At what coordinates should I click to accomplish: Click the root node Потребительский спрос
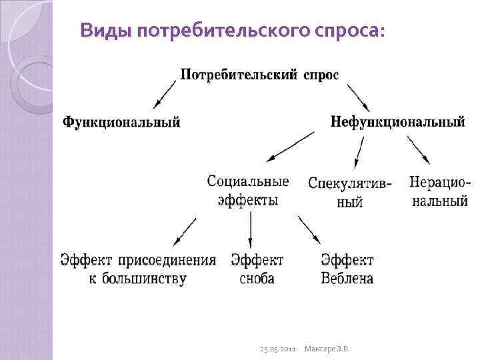pyautogui.click(x=259, y=75)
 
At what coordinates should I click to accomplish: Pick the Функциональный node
pyautogui.click(x=121, y=122)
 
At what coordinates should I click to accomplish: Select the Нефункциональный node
pyautogui.click(x=397, y=122)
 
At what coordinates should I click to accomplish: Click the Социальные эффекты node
pyautogui.click(x=248, y=191)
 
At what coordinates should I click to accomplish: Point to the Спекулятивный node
pyautogui.click(x=350, y=192)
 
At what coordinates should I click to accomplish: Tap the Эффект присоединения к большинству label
pyautogui.click(x=138, y=269)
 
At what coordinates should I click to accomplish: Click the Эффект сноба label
pyautogui.click(x=257, y=269)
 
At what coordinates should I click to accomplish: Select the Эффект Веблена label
pyautogui.click(x=347, y=269)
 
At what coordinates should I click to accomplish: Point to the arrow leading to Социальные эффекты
pyautogui.click(x=289, y=147)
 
